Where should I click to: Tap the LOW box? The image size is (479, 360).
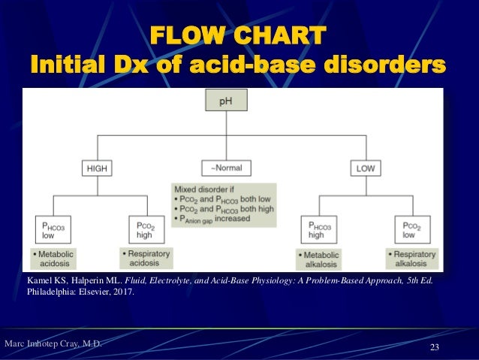pos(366,168)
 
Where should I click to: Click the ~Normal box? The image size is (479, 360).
pos(226,168)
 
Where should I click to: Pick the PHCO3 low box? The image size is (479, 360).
pos(52,228)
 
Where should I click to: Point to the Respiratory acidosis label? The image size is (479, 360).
pos(145,259)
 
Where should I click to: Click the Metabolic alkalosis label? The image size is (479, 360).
pos(318,259)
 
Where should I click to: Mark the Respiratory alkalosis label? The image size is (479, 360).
pos(411,259)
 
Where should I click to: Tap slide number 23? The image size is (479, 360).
pos(434,346)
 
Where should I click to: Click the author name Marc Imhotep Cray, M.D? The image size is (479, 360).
pos(53,344)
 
